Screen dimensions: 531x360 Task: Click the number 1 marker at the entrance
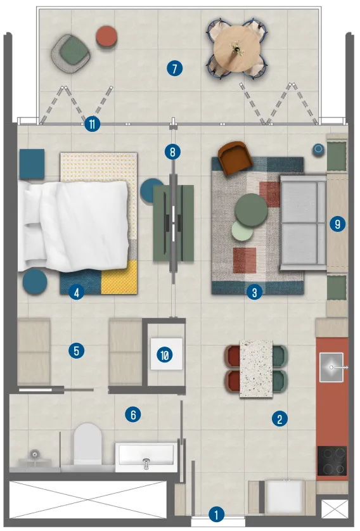tap(216, 515)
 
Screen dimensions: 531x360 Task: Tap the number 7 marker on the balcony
tap(174, 68)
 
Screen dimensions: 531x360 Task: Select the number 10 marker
tap(165, 355)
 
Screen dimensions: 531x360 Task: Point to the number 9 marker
tap(338, 224)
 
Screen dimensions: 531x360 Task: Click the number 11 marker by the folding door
tap(93, 124)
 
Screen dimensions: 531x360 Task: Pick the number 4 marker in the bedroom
tap(77, 293)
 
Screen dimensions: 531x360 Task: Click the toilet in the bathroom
tap(87, 444)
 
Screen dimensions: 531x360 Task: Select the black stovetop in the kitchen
tap(331, 461)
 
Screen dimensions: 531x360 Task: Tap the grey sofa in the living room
tap(303, 222)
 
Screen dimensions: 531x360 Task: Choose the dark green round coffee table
tap(251, 208)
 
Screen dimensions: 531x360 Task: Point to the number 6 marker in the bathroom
tap(132, 415)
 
